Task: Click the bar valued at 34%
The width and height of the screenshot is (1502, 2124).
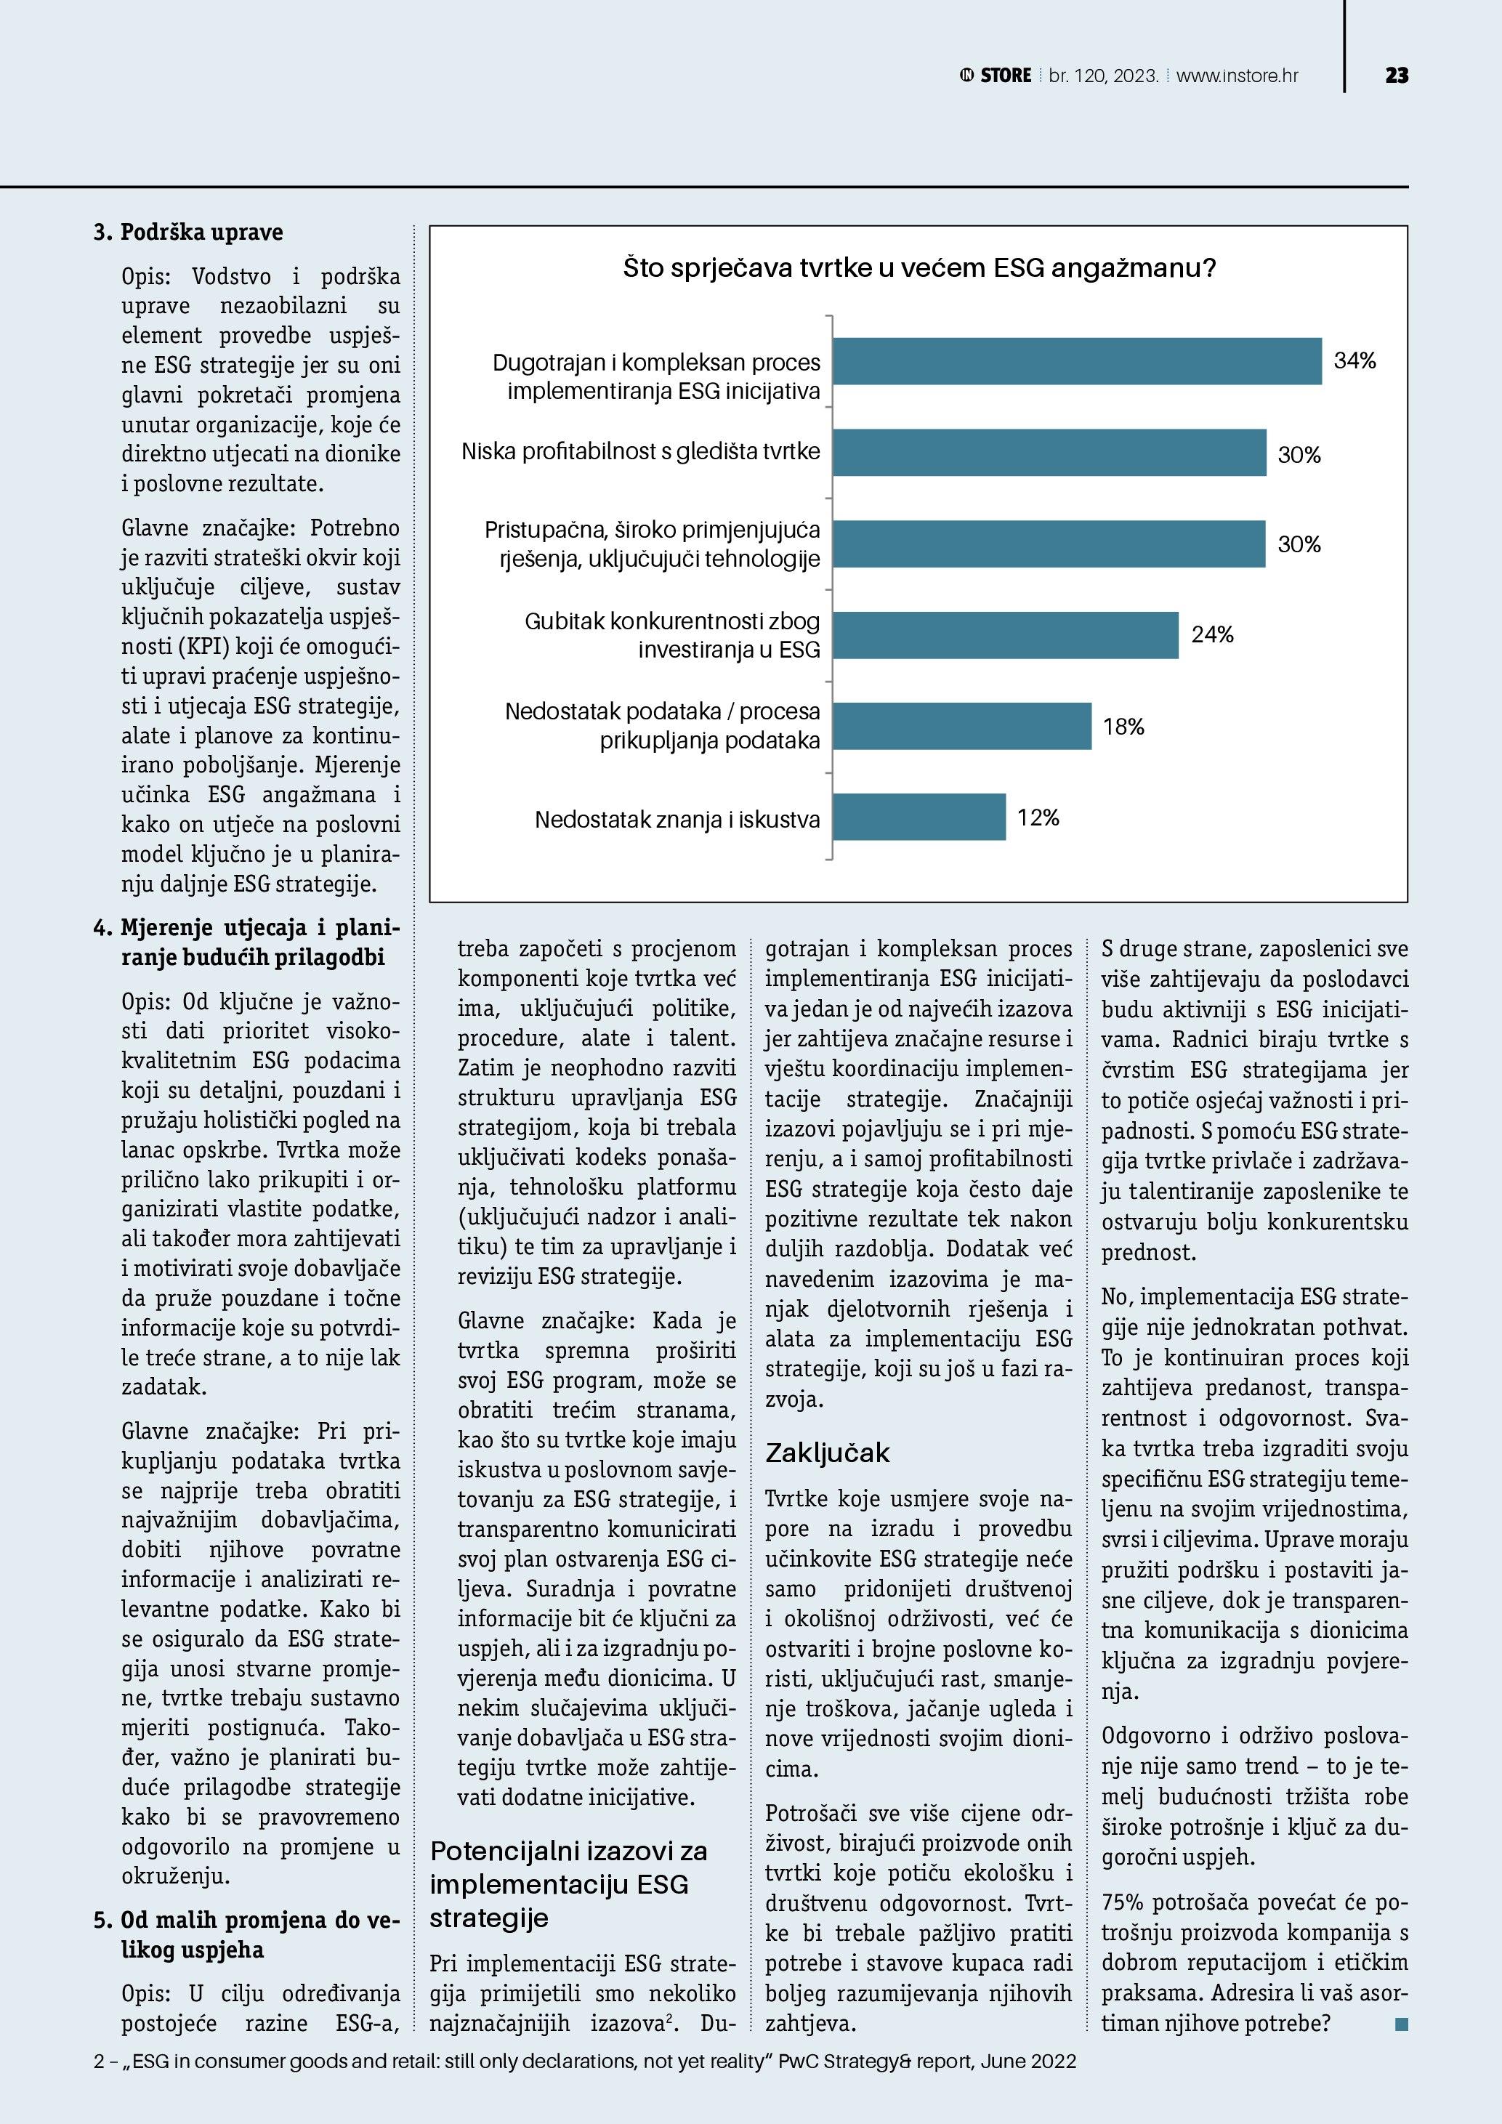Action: pyautogui.click(x=1077, y=361)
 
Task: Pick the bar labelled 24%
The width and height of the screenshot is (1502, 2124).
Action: pyautogui.click(x=1006, y=634)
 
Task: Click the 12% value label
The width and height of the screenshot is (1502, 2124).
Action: pyautogui.click(x=1038, y=817)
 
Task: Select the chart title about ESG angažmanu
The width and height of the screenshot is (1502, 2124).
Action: pyautogui.click(x=918, y=268)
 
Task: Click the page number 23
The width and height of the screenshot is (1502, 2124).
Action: pyautogui.click(x=1397, y=76)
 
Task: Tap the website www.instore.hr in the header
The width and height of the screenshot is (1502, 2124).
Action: pyautogui.click(x=1237, y=76)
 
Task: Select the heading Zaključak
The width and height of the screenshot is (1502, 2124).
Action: pyautogui.click(x=827, y=1453)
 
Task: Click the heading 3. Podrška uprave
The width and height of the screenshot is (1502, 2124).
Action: pyautogui.click(x=189, y=233)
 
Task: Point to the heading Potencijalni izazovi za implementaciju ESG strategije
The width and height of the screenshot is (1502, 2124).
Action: pyautogui.click(x=568, y=1883)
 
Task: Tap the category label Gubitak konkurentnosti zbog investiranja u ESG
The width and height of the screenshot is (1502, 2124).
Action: pyautogui.click(x=672, y=634)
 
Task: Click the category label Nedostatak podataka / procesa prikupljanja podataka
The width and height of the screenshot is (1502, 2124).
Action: pyautogui.click(x=662, y=725)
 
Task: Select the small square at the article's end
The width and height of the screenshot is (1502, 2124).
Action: pyautogui.click(x=1401, y=2024)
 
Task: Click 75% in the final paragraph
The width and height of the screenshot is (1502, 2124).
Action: pyautogui.click(x=1123, y=1902)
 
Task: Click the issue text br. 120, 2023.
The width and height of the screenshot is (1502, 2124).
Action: pyautogui.click(x=1103, y=76)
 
